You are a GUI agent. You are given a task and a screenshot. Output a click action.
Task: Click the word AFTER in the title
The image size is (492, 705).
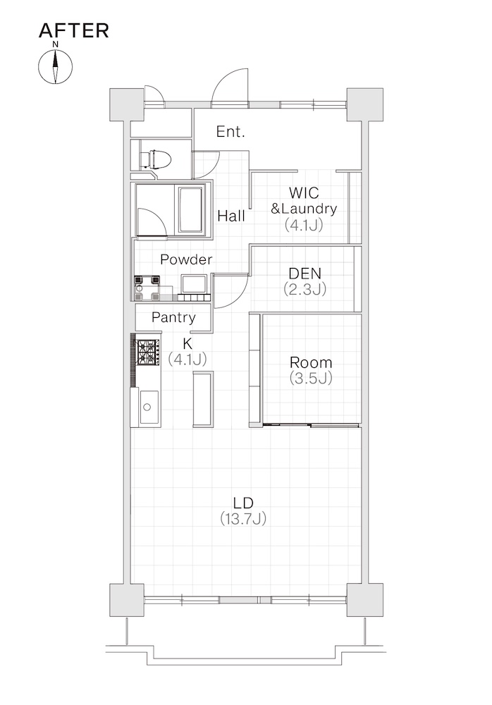click(74, 30)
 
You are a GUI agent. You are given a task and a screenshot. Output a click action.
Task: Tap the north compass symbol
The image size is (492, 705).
click(55, 66)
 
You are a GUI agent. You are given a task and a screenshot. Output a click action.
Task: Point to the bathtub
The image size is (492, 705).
click(192, 210)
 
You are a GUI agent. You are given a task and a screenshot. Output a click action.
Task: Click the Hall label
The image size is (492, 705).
click(231, 216)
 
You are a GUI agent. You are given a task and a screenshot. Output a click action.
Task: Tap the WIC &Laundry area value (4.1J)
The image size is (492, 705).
click(304, 225)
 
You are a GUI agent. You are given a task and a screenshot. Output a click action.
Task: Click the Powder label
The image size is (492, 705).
click(186, 259)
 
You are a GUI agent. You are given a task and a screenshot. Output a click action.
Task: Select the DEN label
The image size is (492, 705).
click(305, 273)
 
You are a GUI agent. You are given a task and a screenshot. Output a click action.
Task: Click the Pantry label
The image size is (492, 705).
click(173, 317)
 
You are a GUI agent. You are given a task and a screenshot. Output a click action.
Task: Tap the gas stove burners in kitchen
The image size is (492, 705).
click(148, 352)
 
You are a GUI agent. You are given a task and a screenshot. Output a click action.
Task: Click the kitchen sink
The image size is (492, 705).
click(147, 407)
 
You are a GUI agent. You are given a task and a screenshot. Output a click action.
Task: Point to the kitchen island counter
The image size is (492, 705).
click(203, 398)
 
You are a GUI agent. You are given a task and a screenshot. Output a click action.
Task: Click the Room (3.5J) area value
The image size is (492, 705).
click(312, 378)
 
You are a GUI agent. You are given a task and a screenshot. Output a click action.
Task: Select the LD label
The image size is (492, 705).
click(243, 503)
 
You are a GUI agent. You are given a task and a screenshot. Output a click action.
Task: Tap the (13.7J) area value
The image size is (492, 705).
click(243, 519)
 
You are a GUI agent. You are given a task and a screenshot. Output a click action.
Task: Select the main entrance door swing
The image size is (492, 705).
click(230, 88)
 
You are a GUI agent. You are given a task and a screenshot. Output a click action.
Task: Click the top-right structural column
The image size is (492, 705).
click(364, 104)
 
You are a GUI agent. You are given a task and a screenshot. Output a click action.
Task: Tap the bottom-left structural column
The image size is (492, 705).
click(128, 600)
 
